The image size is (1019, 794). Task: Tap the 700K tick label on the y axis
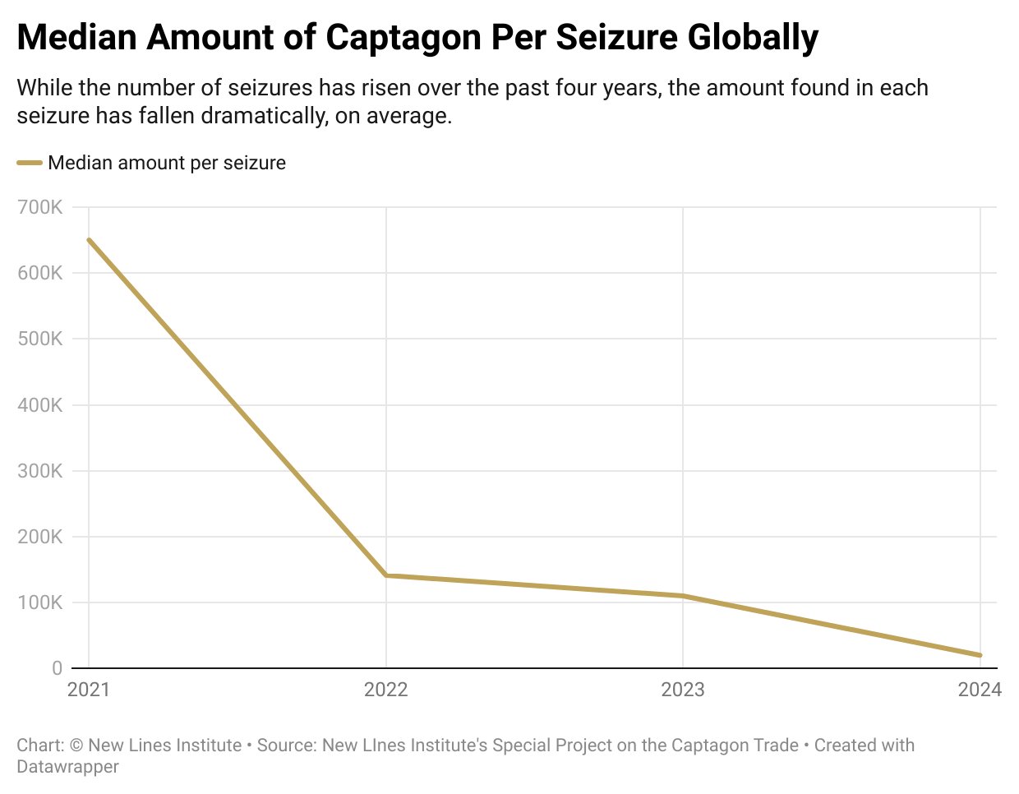click(x=39, y=208)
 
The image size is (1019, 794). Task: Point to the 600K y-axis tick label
click(x=39, y=274)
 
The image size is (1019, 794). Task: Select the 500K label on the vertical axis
click(x=39, y=339)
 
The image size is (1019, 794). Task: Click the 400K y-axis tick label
click(x=39, y=405)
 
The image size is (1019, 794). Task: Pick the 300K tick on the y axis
click(x=39, y=472)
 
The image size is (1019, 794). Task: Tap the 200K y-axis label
click(x=39, y=538)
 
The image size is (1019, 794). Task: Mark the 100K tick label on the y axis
click(x=39, y=603)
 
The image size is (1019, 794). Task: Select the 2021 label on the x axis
click(x=88, y=690)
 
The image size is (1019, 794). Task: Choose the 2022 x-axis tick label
click(x=385, y=690)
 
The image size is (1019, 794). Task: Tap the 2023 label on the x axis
click(x=683, y=690)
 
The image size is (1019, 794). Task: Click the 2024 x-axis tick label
click(x=980, y=690)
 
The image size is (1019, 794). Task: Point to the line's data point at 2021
click(x=89, y=240)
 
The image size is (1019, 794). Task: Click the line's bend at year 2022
click(x=386, y=575)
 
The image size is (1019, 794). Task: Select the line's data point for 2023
click(x=683, y=596)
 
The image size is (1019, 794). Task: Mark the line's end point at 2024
click(x=980, y=655)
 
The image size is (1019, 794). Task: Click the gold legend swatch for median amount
click(x=30, y=163)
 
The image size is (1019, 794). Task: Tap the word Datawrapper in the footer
click(x=67, y=767)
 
